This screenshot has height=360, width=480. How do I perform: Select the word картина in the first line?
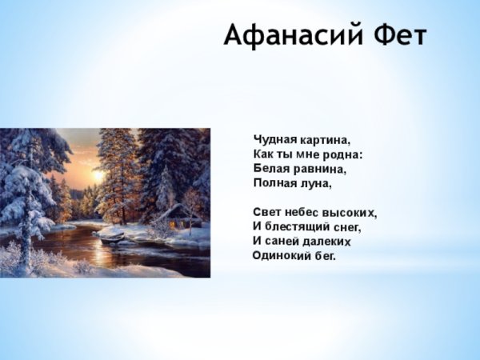point(325,140)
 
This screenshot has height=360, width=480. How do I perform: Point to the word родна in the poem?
point(343,154)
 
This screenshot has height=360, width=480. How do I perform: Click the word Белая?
point(270,169)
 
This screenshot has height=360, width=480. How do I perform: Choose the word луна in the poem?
point(317,183)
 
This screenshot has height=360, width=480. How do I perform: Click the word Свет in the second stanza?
point(267,213)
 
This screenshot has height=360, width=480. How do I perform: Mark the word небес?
point(303,213)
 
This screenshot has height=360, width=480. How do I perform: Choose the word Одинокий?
point(279,256)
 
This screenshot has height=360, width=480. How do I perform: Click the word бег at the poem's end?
point(324,257)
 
